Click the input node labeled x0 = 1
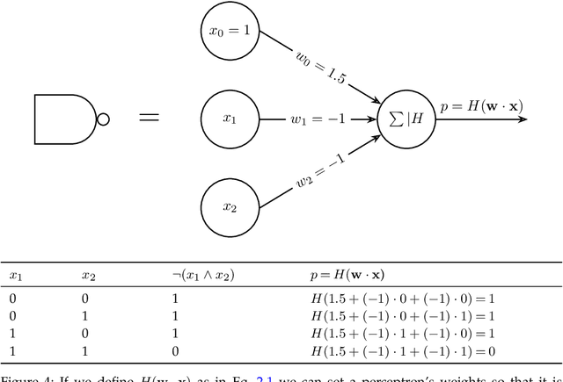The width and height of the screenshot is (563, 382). [x=230, y=32]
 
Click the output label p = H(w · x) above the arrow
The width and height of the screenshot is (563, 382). [x=481, y=107]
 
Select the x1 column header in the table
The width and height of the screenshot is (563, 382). [x=15, y=275]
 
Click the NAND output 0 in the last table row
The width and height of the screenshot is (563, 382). [x=176, y=351]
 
